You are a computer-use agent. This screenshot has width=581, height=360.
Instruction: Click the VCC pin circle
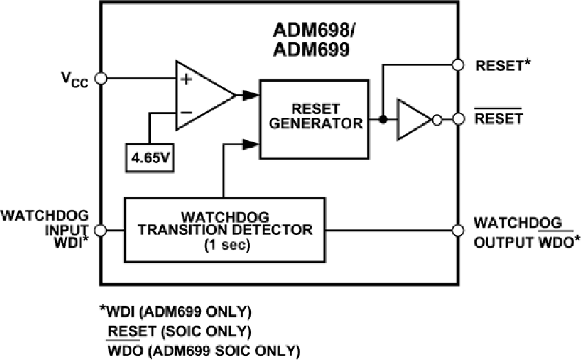point(100,79)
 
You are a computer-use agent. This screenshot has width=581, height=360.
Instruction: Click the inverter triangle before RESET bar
point(412,119)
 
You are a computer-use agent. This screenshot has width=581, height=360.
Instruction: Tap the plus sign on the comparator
point(187,79)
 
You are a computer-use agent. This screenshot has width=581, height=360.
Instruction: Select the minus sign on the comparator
point(187,112)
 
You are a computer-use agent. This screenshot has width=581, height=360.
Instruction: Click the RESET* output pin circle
point(458,65)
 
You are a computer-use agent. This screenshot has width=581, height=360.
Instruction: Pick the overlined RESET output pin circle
point(458,119)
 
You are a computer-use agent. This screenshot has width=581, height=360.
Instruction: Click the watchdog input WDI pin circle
point(100,229)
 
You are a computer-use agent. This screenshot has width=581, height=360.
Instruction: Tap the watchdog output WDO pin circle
point(458,229)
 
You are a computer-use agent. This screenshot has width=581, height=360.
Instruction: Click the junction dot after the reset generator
point(382,119)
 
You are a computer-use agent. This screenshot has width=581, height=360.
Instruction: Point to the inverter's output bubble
point(436,119)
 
